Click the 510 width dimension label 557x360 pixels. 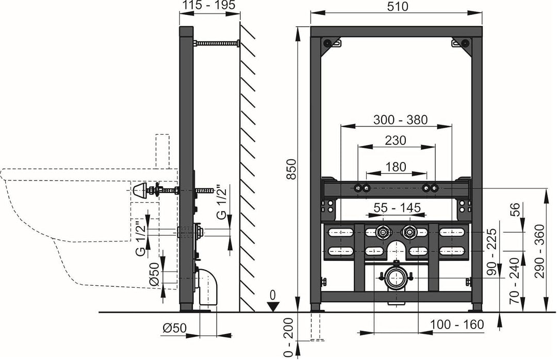click(398, 6)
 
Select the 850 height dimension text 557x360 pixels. click(291, 169)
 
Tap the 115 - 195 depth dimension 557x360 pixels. click(209, 5)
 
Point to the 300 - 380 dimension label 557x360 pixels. click(400, 120)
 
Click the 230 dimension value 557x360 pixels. click(396, 140)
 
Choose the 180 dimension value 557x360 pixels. click(396, 167)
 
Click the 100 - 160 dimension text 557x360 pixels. click(457, 324)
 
